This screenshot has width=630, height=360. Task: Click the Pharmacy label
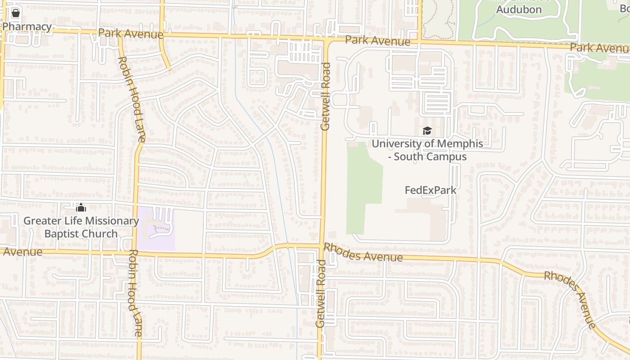point(27,27)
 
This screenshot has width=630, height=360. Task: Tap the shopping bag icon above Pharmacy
point(16,13)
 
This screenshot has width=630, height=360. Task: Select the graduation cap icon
point(427,131)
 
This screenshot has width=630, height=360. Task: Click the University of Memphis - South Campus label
point(427,150)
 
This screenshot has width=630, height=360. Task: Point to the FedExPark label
point(431,190)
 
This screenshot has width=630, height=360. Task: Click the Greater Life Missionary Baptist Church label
point(81,227)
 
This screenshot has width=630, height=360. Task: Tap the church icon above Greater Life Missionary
point(81,207)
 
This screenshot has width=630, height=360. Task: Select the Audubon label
point(519,9)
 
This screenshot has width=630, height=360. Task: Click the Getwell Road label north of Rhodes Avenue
point(325,96)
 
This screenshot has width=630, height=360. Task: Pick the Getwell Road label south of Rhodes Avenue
point(320,293)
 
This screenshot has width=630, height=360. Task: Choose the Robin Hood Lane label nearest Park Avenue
point(131,99)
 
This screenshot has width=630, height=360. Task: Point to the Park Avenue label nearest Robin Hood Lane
point(130,33)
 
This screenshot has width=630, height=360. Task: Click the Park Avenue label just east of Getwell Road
point(378,41)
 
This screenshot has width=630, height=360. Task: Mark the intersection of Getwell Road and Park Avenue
point(326,40)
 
